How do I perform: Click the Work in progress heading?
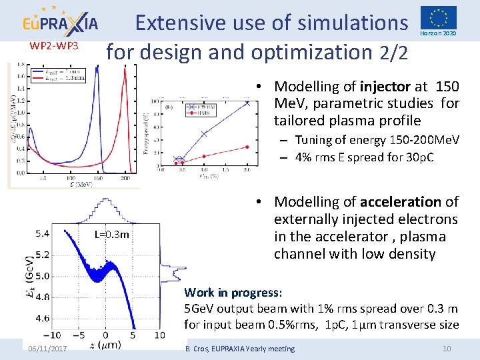click(233, 293)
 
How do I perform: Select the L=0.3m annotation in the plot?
click(111, 235)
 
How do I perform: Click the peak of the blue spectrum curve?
click(98, 68)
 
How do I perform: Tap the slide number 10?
click(447, 349)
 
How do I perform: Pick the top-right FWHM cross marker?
click(247, 103)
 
